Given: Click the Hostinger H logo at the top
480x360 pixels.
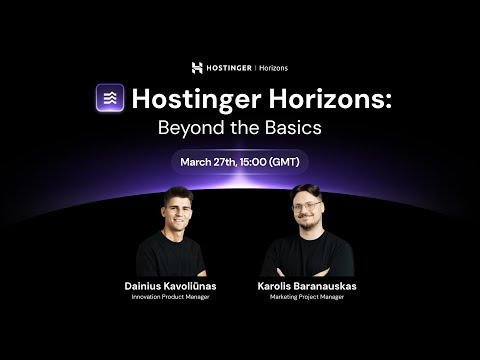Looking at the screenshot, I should click(x=197, y=68).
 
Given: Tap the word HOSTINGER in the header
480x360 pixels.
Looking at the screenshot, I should click(x=229, y=68).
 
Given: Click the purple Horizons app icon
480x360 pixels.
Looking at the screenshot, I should click(x=110, y=98).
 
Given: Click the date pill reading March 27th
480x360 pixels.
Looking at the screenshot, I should click(x=239, y=161).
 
